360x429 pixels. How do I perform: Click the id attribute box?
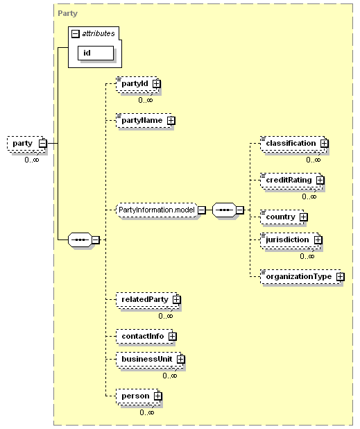click(96, 53)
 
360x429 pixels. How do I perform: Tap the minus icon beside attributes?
click(75, 33)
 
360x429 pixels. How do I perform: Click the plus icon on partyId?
click(156, 83)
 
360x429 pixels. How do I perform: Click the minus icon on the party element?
click(42, 143)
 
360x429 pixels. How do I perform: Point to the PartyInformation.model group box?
click(156, 210)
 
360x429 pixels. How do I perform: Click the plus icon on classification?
click(324, 143)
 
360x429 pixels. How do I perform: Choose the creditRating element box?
click(292, 180)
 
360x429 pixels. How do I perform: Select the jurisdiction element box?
click(291, 240)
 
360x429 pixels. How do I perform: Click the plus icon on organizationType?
click(340, 276)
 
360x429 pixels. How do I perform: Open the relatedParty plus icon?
click(177, 300)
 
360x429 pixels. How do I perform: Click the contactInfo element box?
click(146, 336)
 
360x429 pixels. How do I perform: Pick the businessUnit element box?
click(151, 359)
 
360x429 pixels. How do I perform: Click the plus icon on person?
click(157, 396)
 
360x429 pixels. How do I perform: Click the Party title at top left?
click(67, 13)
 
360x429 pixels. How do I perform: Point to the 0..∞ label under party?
click(32, 160)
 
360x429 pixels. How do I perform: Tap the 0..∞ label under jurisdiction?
click(307, 256)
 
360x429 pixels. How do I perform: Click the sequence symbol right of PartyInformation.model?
click(224, 210)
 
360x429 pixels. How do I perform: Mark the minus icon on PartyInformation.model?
click(201, 210)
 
